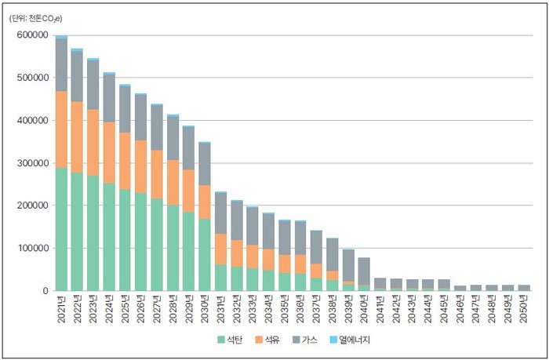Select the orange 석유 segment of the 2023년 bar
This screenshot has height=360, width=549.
click(93, 142)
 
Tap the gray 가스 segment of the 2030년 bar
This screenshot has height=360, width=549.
click(204, 164)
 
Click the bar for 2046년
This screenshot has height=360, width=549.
click(460, 288)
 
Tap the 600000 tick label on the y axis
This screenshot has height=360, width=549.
click(31, 35)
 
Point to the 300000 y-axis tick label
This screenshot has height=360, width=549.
click(31, 163)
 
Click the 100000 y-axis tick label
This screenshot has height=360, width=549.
click(31, 249)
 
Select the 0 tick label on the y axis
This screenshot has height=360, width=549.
click(45, 291)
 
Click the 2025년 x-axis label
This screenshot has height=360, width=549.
click(125, 310)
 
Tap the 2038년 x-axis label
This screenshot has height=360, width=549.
click(332, 310)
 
